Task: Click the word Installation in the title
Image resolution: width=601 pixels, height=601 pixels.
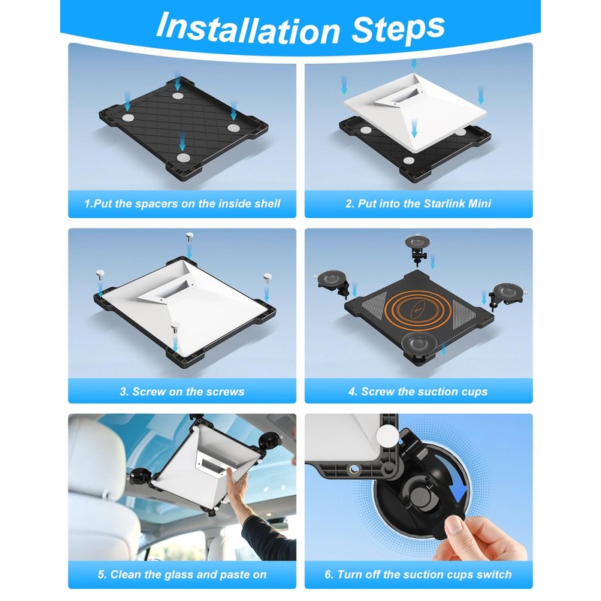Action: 249,28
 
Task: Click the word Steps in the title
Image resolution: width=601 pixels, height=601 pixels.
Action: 398,28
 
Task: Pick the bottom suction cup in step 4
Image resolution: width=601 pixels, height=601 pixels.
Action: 418,344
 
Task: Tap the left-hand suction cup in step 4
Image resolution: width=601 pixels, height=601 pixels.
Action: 333,284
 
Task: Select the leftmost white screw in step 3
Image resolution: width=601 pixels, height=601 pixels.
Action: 100,274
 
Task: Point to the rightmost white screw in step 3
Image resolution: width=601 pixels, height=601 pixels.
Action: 267,278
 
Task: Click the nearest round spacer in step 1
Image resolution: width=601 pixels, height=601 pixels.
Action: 183,158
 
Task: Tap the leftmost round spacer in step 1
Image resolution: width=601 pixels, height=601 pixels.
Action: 128,117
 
